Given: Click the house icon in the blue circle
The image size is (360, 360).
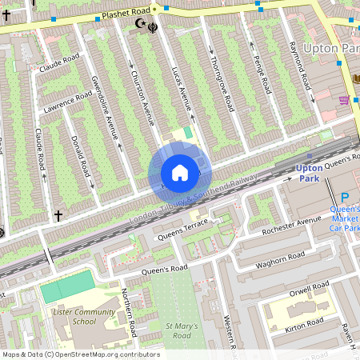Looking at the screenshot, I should pos(180,173).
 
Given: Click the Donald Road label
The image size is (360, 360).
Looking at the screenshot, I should pos(80,156).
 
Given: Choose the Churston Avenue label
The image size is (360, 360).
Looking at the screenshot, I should pos(142,95).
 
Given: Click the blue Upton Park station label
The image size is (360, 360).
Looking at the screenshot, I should pos(309,174).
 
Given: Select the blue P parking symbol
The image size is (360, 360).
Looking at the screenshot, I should pos(345,198).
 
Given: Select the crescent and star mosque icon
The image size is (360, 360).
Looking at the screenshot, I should pos(142,25).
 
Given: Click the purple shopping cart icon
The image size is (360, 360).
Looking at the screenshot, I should pos(344,100).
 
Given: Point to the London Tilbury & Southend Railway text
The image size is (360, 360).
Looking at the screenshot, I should pos(192,198).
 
